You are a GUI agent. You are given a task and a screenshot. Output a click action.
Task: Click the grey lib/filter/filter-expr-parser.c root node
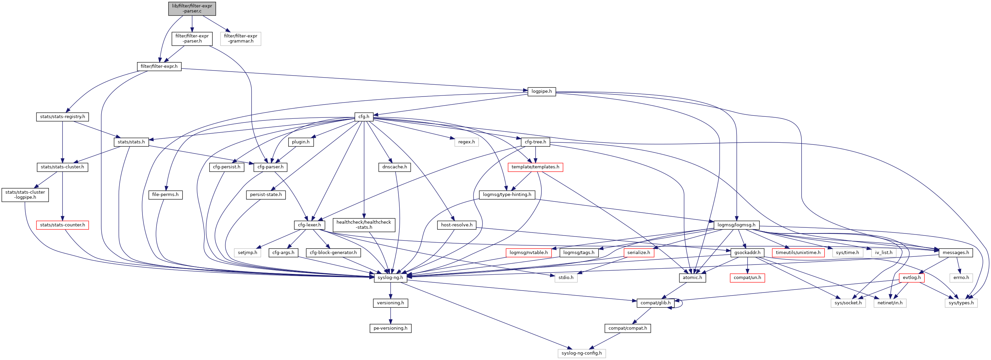tap(192, 8)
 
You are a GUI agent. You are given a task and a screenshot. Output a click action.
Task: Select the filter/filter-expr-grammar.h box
tap(240, 38)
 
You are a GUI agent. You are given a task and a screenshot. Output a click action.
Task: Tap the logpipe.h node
tap(541, 91)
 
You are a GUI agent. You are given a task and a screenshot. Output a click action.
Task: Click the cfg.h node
tap(364, 116)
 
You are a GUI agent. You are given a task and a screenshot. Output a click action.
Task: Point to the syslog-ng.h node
tap(390, 277)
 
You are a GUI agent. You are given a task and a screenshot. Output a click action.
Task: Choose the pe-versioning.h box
tap(390, 328)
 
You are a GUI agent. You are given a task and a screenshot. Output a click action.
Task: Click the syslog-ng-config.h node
tap(581, 353)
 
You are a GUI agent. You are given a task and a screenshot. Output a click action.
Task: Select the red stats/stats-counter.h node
tap(62, 225)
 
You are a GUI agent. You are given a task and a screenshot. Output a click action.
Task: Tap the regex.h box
tap(466, 142)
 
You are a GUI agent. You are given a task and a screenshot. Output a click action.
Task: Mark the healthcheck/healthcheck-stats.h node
tap(364, 225)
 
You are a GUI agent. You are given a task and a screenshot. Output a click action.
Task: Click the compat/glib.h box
tap(655, 303)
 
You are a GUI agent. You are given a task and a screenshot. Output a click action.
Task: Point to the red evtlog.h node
tap(911, 277)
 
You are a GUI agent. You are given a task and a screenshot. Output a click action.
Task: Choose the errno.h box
tap(961, 277)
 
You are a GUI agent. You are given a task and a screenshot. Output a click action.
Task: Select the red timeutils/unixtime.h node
tap(798, 253)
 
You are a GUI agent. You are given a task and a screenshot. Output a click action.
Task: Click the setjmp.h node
tap(247, 253)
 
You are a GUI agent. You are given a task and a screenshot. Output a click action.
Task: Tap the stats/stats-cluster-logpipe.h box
tap(25, 195)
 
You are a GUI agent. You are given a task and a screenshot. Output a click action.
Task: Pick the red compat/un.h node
tap(747, 277)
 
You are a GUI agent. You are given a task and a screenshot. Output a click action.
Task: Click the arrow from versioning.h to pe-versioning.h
tap(391, 315)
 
